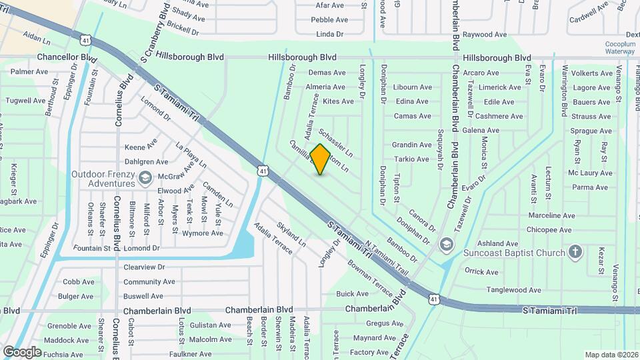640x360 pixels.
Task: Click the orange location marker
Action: click(320, 159)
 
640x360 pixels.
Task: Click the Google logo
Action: click(22, 351)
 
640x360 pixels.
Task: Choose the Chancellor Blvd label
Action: click(67, 58)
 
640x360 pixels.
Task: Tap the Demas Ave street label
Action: click(327, 73)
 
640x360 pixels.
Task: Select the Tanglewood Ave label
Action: click(511, 289)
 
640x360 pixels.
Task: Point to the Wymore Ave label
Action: click(203, 233)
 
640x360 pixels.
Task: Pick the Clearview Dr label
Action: click(144, 267)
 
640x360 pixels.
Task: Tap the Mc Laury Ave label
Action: click(590, 173)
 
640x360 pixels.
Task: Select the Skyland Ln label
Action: click(291, 235)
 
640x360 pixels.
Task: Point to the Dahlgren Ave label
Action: click(146, 161)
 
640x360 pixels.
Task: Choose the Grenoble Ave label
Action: click(69, 326)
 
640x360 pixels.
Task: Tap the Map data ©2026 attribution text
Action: click(610, 355)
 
